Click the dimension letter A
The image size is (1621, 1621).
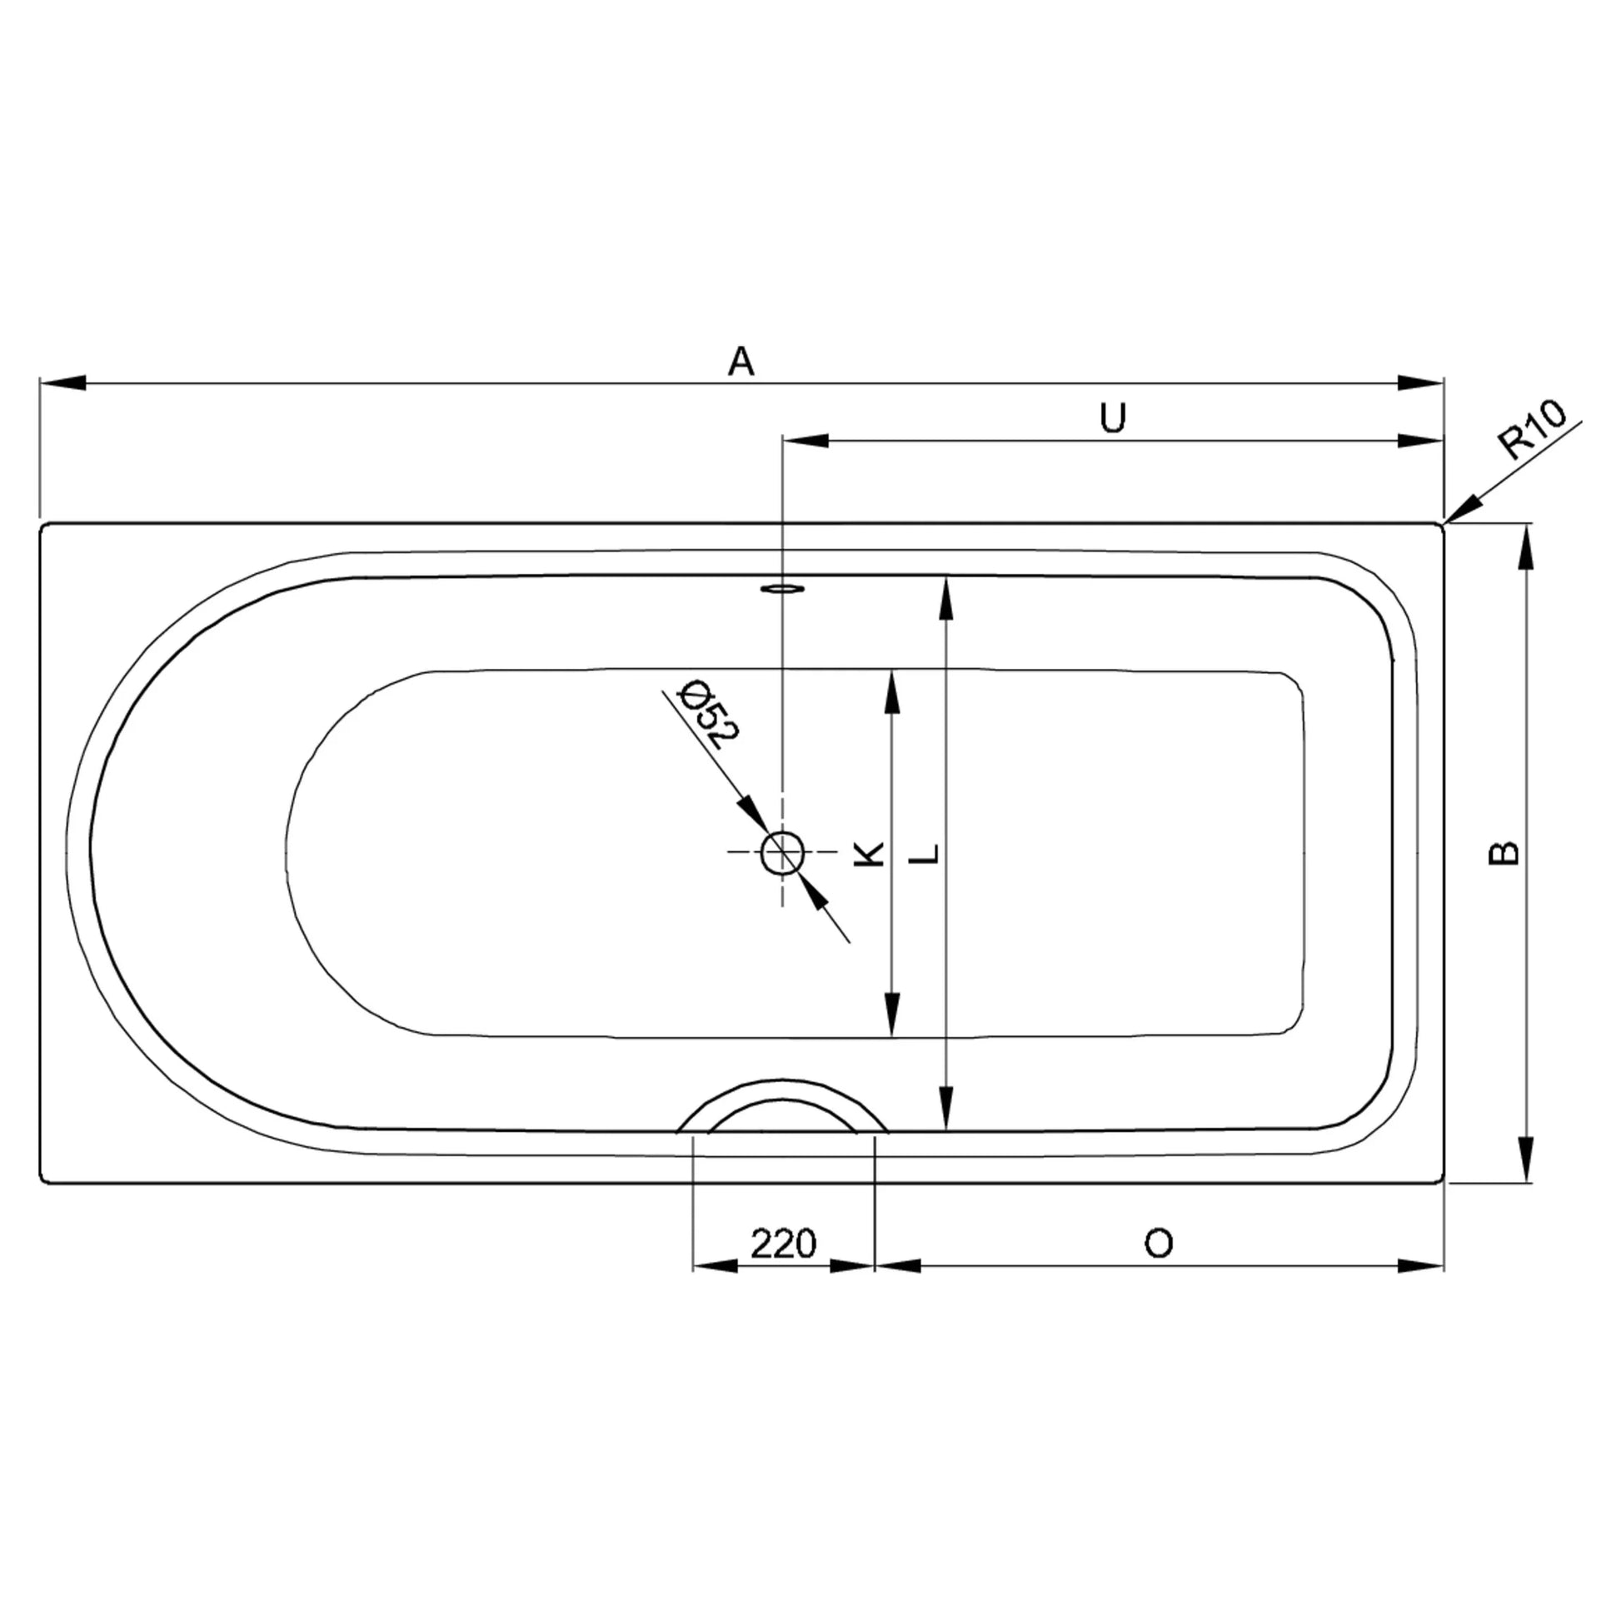pos(741,362)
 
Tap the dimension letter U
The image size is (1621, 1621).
pos(1113,417)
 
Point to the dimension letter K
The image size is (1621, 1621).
pos(870,854)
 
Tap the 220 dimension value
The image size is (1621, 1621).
pos(783,1243)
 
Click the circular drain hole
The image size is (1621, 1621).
pos(783,853)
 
